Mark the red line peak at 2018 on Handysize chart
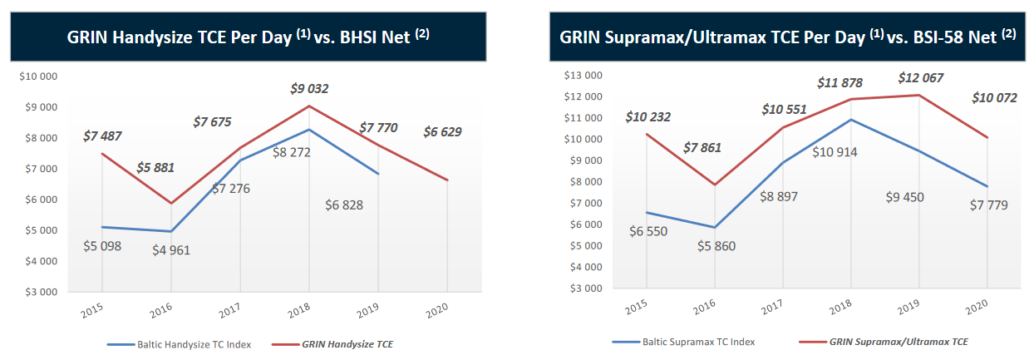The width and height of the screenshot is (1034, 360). click(x=308, y=106)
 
